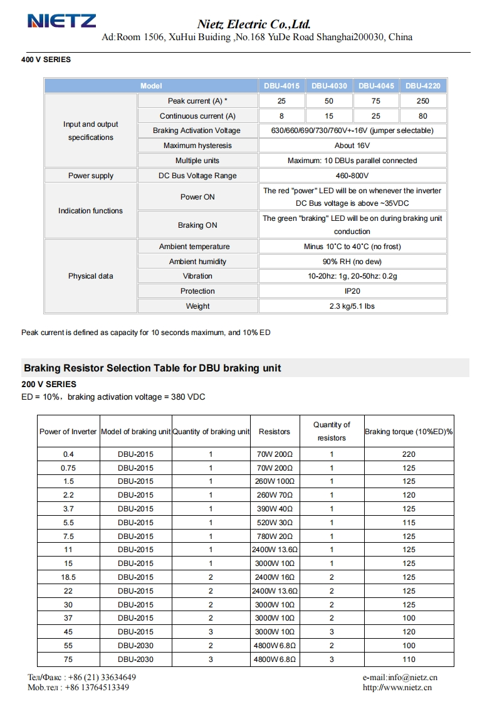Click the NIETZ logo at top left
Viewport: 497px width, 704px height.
[x=61, y=21]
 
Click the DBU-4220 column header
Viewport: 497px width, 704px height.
[x=423, y=86]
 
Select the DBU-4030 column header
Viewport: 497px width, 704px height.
[x=329, y=86]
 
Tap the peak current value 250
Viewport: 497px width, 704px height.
[x=423, y=101]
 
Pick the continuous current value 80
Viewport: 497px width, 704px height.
[x=423, y=116]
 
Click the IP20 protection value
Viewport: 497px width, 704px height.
[x=352, y=291]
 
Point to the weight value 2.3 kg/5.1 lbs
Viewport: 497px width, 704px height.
[x=352, y=306]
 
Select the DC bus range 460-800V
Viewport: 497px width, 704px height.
[x=352, y=176]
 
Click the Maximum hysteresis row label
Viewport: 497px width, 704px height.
[x=197, y=146]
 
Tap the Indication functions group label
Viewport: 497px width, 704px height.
[x=90, y=211]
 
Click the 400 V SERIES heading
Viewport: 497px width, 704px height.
[x=46, y=60]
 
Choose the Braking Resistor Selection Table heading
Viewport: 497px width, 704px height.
[x=152, y=368]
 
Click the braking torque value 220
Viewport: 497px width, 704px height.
[x=409, y=454]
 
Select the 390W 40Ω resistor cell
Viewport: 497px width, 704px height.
[x=275, y=509]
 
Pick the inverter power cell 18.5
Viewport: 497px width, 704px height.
[x=68, y=577]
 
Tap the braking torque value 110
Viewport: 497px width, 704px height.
[x=409, y=659]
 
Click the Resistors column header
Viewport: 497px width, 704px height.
[x=275, y=432]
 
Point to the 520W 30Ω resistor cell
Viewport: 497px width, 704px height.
[x=275, y=523]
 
